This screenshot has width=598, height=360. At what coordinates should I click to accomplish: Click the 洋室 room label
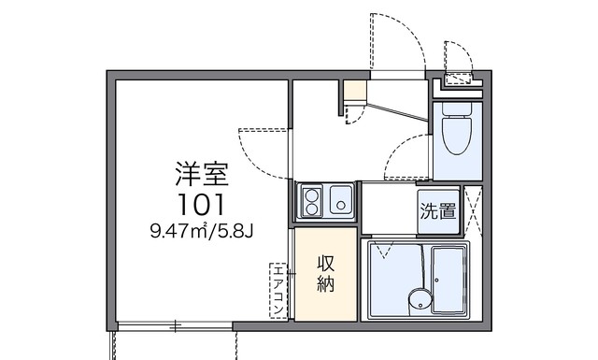[x=202, y=174]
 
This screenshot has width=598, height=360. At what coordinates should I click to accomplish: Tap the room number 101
[x=202, y=204]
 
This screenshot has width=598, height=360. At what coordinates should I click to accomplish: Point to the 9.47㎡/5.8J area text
[x=202, y=231]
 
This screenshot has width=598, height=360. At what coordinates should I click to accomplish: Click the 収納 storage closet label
[x=326, y=273]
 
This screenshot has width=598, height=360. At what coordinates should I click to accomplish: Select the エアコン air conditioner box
[x=278, y=291]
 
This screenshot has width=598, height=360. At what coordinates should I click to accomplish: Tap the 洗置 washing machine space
[x=438, y=211]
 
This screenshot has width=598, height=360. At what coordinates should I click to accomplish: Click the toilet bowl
[x=457, y=136]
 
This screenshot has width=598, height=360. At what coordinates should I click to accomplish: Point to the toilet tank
[x=457, y=108]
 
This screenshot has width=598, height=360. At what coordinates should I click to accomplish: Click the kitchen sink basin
[x=340, y=200]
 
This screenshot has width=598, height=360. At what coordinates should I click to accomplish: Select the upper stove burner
[x=311, y=195]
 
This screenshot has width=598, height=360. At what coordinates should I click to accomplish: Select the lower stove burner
[x=311, y=209]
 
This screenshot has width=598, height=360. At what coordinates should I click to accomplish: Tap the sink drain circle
[x=341, y=206]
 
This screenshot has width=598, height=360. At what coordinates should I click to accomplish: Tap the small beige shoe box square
[x=355, y=90]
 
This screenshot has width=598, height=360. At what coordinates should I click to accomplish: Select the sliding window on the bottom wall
[x=176, y=326]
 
